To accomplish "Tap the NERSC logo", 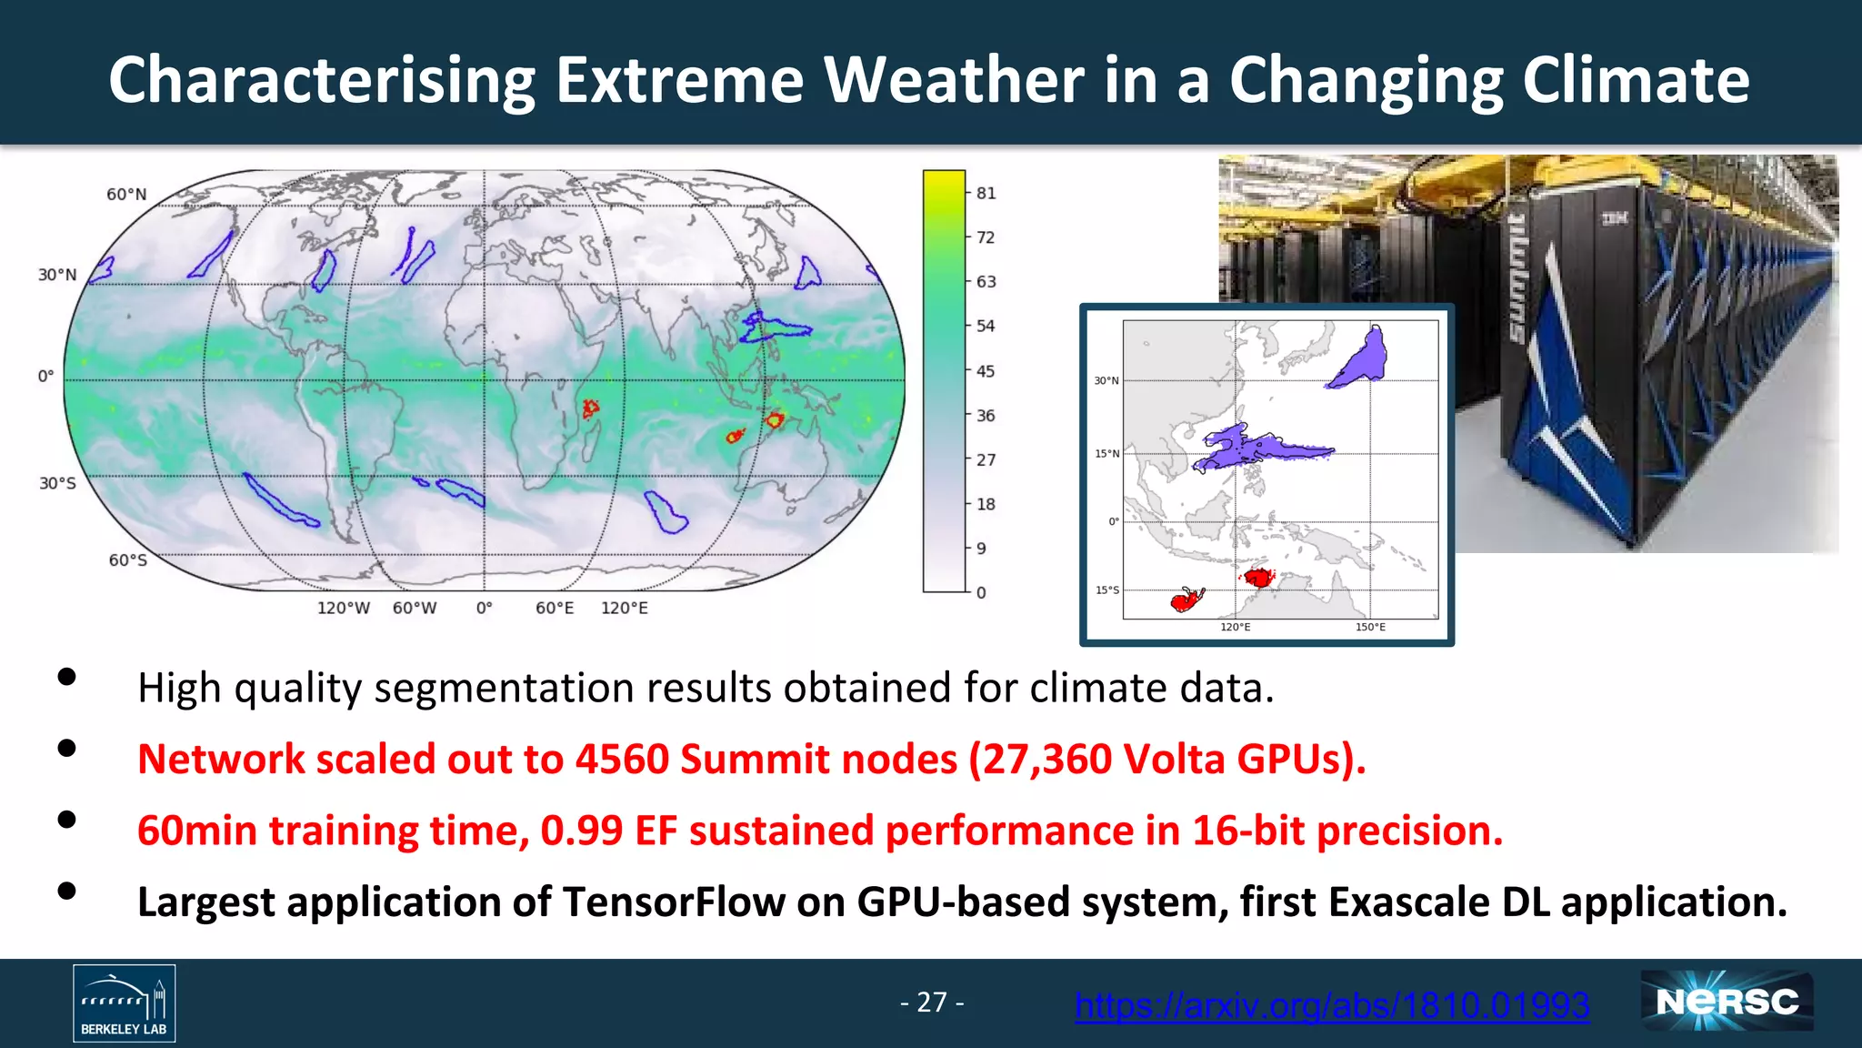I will click(1727, 1002).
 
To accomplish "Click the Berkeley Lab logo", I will click(125, 1003).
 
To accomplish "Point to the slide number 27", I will click(932, 1002).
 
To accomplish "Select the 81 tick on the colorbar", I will click(986, 193).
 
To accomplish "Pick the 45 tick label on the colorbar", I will click(986, 371).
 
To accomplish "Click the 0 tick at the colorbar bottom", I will click(981, 592).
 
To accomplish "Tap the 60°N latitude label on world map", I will click(126, 194).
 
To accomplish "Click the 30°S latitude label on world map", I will click(57, 483).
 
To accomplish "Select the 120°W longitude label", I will click(343, 608).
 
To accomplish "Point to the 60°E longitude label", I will click(555, 608).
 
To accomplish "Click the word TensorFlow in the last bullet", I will click(674, 902).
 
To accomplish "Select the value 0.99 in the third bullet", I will click(582, 831).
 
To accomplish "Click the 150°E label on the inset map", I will click(1370, 627).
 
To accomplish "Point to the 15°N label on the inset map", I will click(1106, 453).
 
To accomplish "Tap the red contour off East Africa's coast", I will click(590, 408).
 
